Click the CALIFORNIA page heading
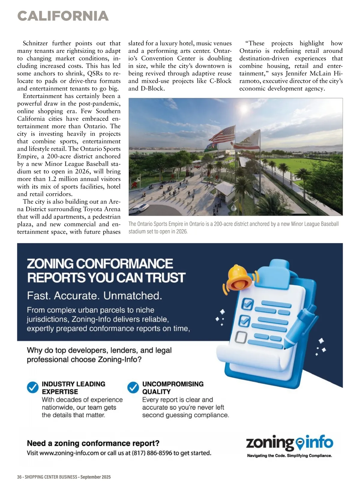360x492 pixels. pos(63,16)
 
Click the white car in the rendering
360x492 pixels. pos(140,208)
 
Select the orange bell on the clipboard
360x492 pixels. pos(239,277)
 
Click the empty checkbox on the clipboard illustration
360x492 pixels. pos(241,337)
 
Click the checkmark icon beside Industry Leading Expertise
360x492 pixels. pos(33,388)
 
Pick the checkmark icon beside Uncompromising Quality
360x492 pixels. pos(133,388)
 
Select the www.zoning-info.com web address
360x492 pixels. pos(69,453)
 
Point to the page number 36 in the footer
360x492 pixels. pos(19,477)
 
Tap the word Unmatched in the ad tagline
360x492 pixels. pos(133,296)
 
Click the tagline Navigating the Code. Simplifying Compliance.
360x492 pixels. pos(289,456)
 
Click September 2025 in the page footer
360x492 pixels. pos(95,477)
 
